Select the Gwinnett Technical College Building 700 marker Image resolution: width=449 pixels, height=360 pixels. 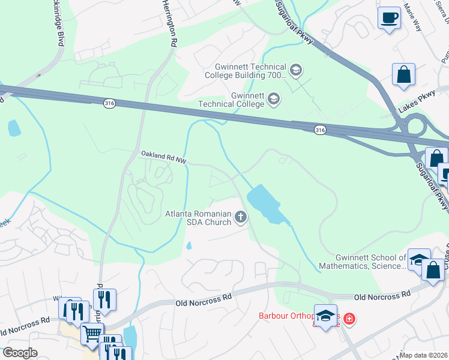(x=295, y=71)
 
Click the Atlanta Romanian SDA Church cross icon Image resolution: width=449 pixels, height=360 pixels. (x=241, y=217)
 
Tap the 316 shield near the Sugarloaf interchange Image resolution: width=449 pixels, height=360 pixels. (x=321, y=130)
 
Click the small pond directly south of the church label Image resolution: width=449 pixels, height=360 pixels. (x=189, y=245)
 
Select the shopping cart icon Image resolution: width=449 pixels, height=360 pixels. (x=92, y=333)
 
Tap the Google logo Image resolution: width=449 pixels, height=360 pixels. (x=20, y=353)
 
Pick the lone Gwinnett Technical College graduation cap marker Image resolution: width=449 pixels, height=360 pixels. (x=273, y=98)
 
